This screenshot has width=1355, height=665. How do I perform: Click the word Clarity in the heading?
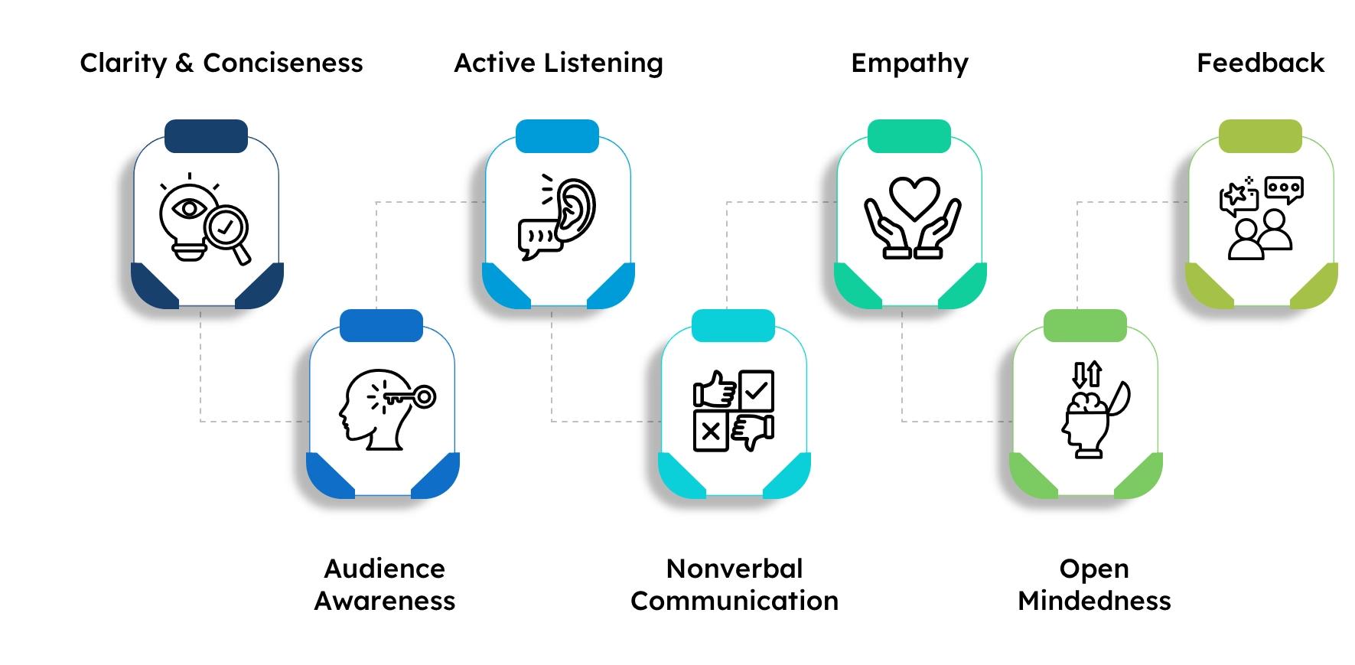tap(122, 64)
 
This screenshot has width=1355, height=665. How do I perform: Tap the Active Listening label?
tap(559, 64)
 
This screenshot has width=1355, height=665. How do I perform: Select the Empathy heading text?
tap(909, 64)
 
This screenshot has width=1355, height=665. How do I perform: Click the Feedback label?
tap(1260, 63)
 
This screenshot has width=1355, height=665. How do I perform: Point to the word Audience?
tap(384, 569)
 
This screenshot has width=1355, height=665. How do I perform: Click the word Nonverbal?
tap(735, 569)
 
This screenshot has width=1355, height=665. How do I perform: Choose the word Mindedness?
tap(1094, 601)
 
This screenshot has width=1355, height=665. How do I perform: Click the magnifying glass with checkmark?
tap(226, 227)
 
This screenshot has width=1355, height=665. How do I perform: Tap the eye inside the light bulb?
tap(189, 208)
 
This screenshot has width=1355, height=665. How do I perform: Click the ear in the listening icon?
tap(576, 204)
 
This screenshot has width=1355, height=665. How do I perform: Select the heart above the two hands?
tap(913, 198)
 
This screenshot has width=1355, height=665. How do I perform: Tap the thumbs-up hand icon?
tap(715, 390)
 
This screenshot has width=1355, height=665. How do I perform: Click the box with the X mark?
tap(711, 432)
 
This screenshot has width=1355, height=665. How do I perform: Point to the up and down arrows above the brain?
tap(1086, 374)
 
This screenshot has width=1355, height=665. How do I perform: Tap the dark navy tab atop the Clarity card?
tap(206, 136)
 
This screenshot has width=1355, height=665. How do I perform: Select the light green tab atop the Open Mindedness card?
tap(1085, 325)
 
